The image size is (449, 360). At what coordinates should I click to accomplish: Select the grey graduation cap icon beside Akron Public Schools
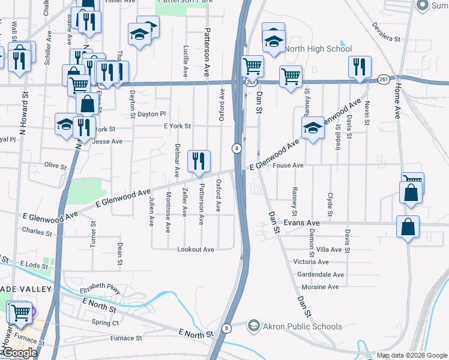254,326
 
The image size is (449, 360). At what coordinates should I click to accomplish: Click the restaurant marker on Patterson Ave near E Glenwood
199,161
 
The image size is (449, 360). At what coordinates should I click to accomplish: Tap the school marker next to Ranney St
313,128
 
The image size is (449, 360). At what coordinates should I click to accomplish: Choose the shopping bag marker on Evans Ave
408,228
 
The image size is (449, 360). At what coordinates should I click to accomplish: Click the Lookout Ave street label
196,250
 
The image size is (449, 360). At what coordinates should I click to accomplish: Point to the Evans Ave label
301,223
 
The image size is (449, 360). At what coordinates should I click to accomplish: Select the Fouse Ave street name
288,166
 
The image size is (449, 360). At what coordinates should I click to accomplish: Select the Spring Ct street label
106,322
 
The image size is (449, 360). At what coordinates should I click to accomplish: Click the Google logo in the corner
20,353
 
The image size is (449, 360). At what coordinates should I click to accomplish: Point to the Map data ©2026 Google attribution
411,355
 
